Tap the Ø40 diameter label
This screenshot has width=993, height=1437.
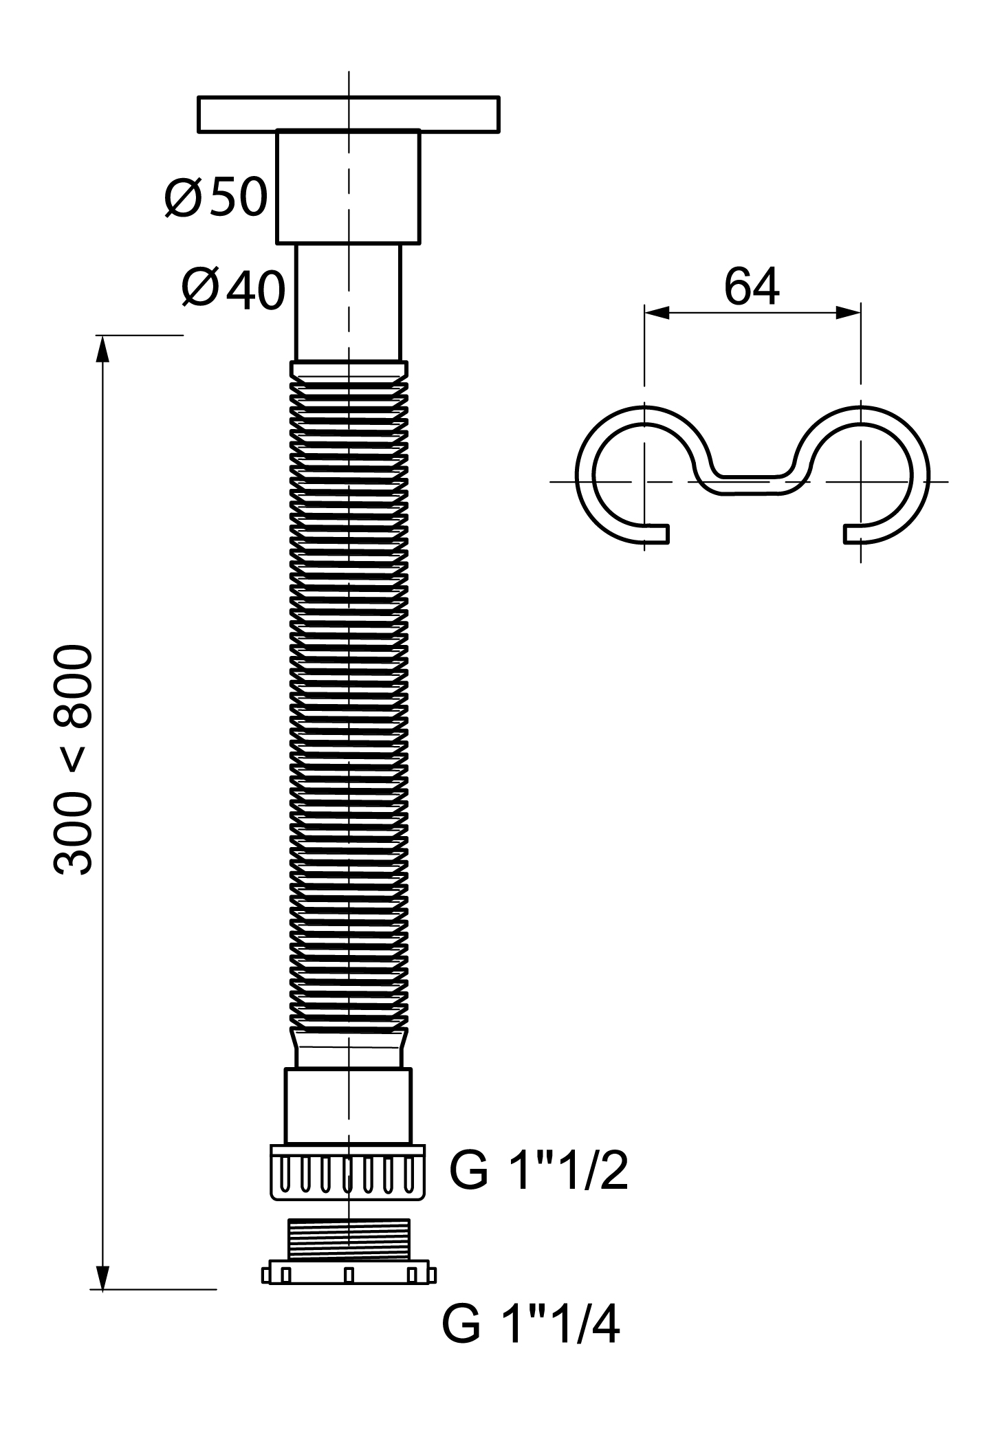point(234,289)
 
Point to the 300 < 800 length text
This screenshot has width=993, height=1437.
point(73,759)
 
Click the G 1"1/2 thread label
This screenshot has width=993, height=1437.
point(538,1170)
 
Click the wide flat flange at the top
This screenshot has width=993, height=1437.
point(349,114)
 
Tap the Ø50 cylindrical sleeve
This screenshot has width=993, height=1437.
point(348,186)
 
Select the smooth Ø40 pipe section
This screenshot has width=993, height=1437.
point(348,303)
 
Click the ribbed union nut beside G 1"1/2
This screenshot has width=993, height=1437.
point(347,1173)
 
